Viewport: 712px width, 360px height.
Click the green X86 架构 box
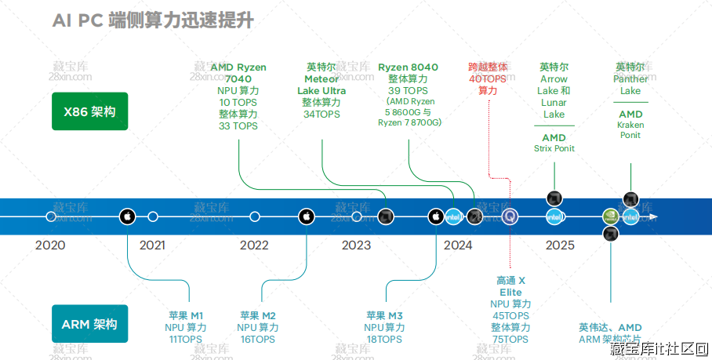[x=89, y=111]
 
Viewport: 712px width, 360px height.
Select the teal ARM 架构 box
[x=89, y=323]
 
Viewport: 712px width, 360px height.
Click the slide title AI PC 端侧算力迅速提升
[x=153, y=21]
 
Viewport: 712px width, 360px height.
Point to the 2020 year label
[x=50, y=245]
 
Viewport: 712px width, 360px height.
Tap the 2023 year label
[x=356, y=245]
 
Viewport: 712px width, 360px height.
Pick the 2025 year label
[x=560, y=245]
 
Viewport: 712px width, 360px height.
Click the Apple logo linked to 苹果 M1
[x=127, y=216]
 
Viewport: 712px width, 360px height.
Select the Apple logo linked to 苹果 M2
[x=306, y=216]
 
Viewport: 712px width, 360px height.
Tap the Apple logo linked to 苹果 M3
[x=436, y=216]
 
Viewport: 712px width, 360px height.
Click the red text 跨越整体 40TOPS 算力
[x=488, y=79]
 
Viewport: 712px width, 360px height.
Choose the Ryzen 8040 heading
[x=408, y=67]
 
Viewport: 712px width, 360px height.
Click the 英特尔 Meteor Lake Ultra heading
[x=321, y=78]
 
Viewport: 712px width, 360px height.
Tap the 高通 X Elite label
[x=510, y=285]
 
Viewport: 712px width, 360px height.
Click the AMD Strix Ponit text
[x=554, y=143]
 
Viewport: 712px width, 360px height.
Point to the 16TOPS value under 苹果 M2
[x=257, y=340]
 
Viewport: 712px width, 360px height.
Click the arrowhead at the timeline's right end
[x=653, y=216]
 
